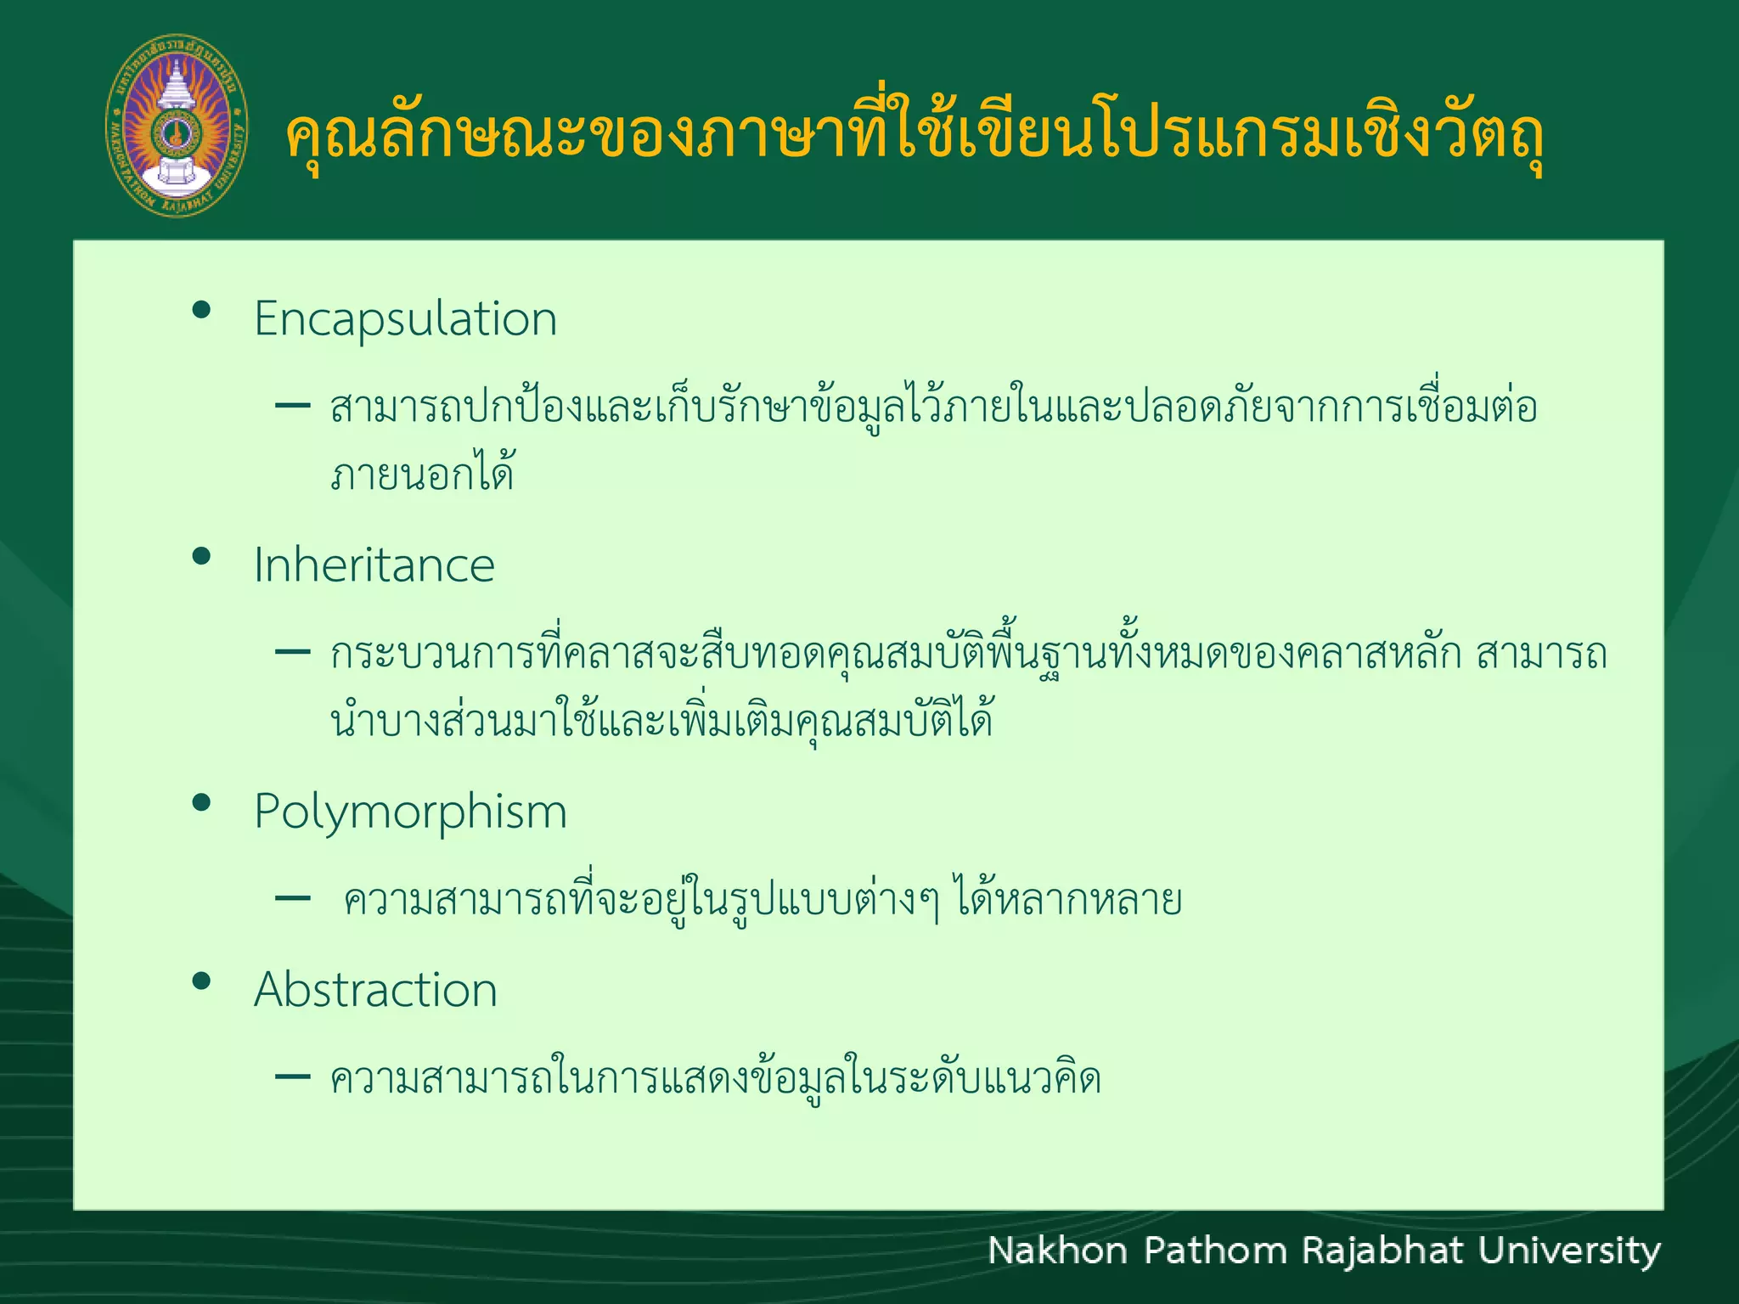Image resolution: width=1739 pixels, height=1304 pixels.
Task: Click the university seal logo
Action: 177,126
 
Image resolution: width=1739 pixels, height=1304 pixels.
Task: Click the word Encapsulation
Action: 405,319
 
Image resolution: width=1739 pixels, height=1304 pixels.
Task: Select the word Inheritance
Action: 374,565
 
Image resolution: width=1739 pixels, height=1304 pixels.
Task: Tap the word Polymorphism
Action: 410,812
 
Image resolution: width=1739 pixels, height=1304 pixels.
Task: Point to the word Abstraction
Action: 375,990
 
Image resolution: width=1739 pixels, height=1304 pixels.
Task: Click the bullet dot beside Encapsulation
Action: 201,310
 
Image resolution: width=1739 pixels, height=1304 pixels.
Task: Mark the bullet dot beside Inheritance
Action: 201,556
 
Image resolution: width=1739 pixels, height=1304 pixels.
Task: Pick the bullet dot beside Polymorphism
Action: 201,802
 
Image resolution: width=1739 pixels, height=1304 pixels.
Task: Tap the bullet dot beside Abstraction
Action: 201,981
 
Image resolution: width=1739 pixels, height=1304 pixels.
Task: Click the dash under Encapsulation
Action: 293,406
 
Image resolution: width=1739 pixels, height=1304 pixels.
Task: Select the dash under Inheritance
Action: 293,652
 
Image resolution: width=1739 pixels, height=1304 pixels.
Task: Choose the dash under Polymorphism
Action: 293,898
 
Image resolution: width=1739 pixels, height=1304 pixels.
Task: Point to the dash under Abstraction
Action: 293,1077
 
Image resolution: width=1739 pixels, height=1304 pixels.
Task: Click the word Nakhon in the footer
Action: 1057,1251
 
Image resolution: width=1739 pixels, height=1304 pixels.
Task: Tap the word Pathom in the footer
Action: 1214,1251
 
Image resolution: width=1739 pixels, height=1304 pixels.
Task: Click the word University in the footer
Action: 1569,1251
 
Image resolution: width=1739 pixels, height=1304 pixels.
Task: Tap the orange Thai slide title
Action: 914,136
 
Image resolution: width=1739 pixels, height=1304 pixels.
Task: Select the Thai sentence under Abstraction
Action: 715,1078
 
